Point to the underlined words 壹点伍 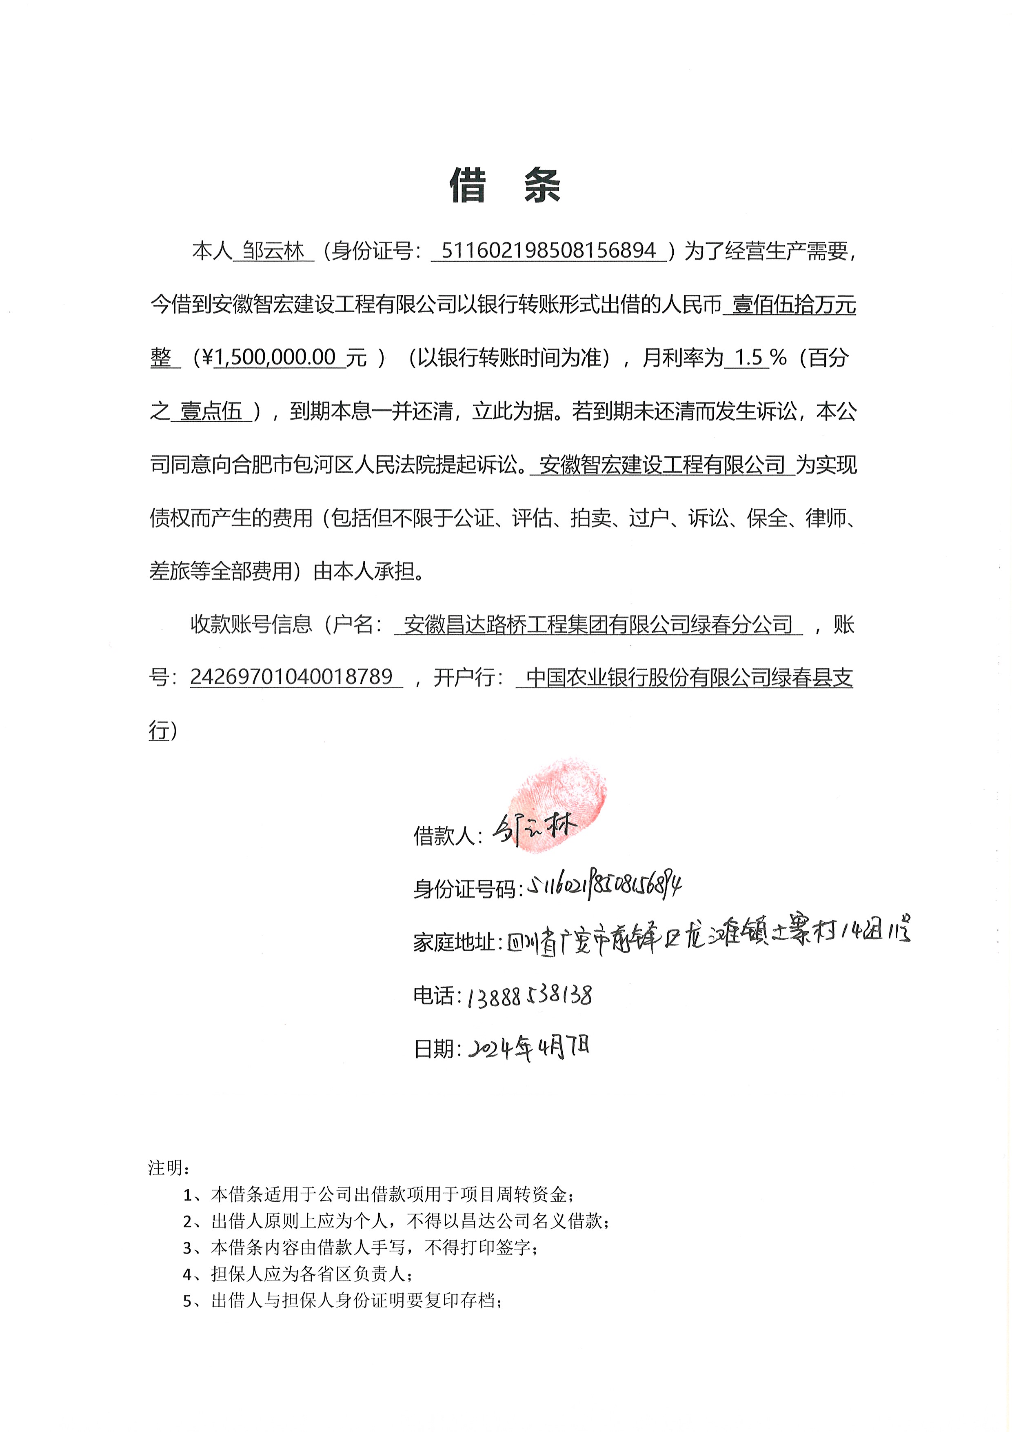pyautogui.click(x=211, y=411)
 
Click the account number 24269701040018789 pyautogui.click(x=291, y=677)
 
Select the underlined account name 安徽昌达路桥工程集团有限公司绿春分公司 pyautogui.click(x=598, y=624)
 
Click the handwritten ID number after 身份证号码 pyautogui.click(x=604, y=886)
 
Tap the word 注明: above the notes pyautogui.click(x=169, y=1167)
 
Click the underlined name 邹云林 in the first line pyautogui.click(x=273, y=251)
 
